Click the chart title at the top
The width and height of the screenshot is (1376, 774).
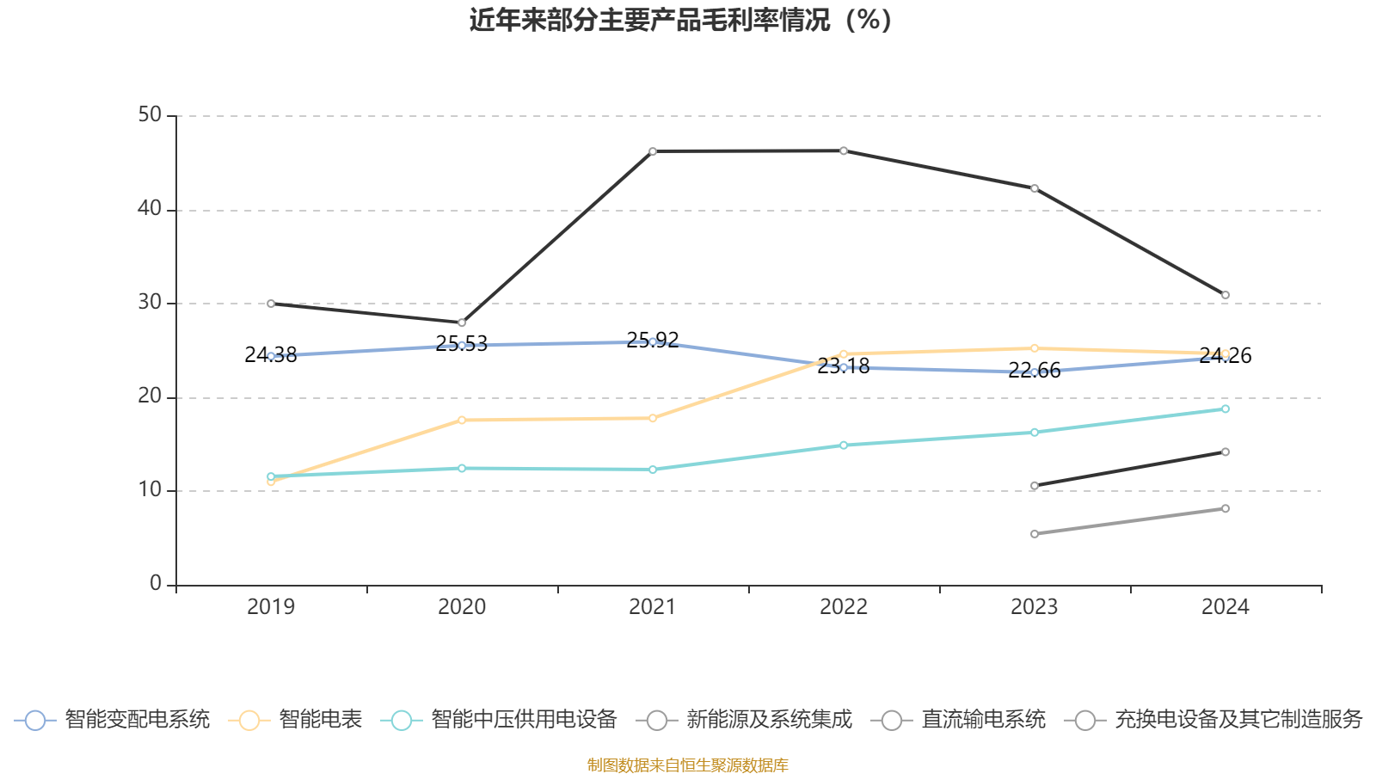(x=680, y=21)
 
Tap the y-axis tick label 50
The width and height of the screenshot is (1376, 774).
(x=150, y=115)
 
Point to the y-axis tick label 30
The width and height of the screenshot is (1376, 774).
(x=150, y=302)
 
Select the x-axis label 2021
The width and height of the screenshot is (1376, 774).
(x=653, y=607)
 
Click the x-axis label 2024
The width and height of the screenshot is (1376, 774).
(x=1225, y=607)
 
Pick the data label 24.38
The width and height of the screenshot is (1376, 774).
(x=270, y=355)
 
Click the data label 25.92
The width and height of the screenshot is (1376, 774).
(x=653, y=340)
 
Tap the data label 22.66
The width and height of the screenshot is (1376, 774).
(x=1035, y=371)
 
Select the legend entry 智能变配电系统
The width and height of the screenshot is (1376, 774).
(x=112, y=719)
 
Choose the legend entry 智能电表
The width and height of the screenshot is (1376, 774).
(x=295, y=719)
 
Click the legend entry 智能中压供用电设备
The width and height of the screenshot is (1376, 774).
(x=499, y=719)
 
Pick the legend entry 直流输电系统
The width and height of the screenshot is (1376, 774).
(x=958, y=719)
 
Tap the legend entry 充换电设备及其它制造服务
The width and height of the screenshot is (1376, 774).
(x=1213, y=719)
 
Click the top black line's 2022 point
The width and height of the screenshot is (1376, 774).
(x=844, y=150)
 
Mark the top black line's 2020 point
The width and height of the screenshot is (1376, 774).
(x=462, y=322)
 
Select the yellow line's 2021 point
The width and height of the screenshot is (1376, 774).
(x=653, y=418)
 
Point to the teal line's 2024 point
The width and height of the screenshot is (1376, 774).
(x=1225, y=409)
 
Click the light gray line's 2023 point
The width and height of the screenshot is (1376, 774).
(x=1035, y=534)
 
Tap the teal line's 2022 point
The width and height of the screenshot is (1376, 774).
(x=844, y=445)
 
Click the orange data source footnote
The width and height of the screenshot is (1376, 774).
(x=687, y=765)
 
